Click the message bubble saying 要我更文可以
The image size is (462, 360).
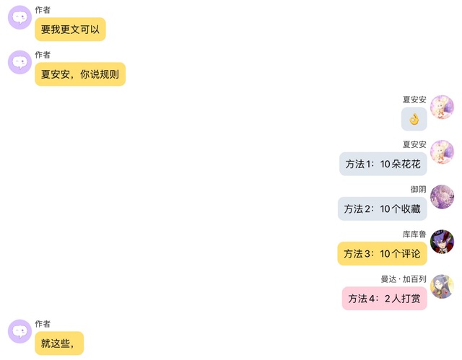click(70, 30)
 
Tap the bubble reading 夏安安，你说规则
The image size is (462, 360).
click(80, 74)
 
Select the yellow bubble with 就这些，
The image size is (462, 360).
click(59, 343)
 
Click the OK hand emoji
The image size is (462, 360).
click(414, 119)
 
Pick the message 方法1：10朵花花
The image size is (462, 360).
click(383, 164)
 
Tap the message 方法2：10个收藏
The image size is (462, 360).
click(382, 209)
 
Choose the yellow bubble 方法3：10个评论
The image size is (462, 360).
click(382, 254)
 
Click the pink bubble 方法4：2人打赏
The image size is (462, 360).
click(384, 299)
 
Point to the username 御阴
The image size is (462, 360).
click(419, 189)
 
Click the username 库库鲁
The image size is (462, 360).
click(414, 234)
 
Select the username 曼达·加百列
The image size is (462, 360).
click(404, 278)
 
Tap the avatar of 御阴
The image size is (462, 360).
click(442, 197)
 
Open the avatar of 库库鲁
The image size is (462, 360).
click(442, 242)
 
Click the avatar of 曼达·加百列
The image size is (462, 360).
click(442, 286)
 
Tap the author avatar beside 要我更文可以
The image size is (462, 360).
click(19, 17)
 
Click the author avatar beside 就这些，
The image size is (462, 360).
click(19, 331)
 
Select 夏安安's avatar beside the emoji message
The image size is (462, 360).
click(442, 107)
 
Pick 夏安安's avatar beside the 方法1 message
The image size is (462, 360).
click(442, 152)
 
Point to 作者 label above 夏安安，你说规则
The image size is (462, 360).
click(43, 55)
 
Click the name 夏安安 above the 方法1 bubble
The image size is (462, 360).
click(414, 144)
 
